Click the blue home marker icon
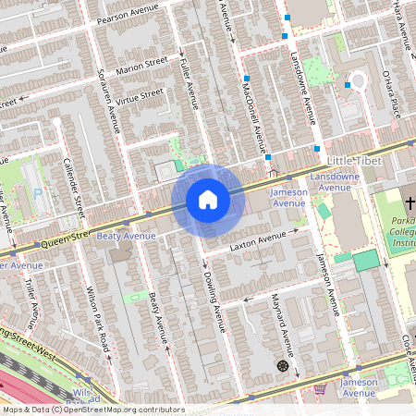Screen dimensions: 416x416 point(208,200)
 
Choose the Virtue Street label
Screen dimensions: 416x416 point(139,95)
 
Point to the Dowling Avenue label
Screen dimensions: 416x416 point(214,297)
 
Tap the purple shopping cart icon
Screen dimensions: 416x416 point(320,388)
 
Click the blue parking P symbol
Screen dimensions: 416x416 point(37,193)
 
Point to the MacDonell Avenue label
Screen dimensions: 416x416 point(259,111)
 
